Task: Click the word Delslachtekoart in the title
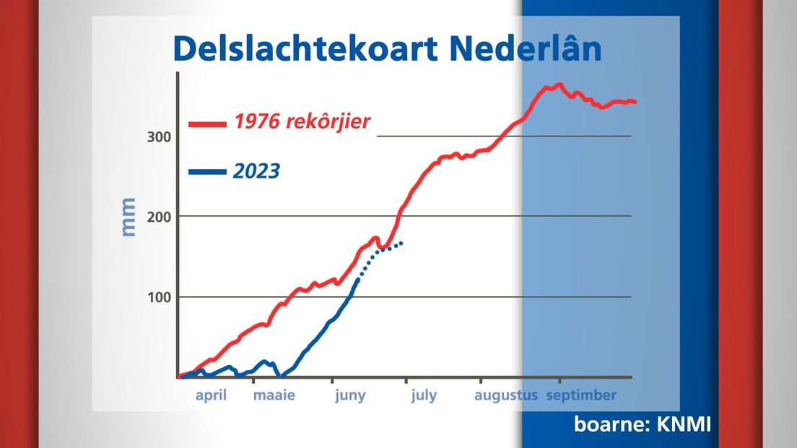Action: click(305, 49)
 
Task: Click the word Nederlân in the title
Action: click(526, 48)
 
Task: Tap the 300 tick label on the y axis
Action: click(159, 137)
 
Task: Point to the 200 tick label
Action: click(159, 217)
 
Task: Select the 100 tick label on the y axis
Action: click(159, 298)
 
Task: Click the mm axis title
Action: click(128, 217)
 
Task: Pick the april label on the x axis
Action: click(211, 396)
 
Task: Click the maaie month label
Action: click(274, 396)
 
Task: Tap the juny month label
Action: click(350, 396)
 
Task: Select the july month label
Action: click(424, 396)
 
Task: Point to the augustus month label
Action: click(506, 396)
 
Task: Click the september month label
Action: click(581, 396)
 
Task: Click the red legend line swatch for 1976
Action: click(207, 124)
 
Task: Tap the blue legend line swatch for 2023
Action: click(207, 172)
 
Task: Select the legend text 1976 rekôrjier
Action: click(302, 121)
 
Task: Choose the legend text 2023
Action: click(257, 171)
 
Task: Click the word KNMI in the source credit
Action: click(684, 424)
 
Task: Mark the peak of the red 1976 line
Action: click(560, 85)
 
